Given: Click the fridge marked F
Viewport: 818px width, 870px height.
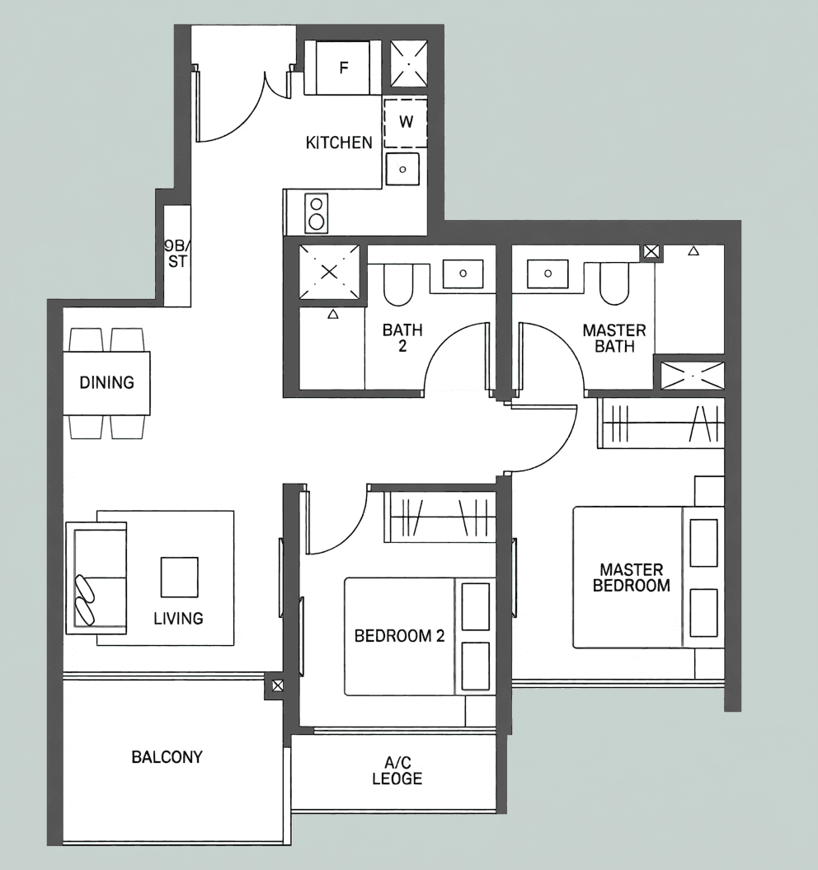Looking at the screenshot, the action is click(343, 67).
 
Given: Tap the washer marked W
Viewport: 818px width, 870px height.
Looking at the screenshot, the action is click(406, 123).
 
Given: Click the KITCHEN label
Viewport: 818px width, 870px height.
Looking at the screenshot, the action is click(339, 143).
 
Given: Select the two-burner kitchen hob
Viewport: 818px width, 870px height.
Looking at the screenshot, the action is click(317, 213).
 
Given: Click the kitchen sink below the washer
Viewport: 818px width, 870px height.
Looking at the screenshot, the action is click(402, 169).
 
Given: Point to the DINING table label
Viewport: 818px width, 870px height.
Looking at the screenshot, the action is click(106, 382).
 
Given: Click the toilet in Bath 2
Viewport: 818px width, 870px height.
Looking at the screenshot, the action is click(397, 284).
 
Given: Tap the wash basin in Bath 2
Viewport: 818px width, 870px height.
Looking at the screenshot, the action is click(463, 273).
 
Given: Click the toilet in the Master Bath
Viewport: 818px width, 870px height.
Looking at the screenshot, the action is click(614, 283).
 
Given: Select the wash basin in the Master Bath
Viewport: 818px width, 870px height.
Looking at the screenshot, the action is click(548, 274).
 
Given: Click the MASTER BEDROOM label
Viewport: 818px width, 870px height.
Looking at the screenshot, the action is click(632, 578).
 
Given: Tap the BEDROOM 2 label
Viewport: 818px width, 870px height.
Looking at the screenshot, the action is click(399, 636).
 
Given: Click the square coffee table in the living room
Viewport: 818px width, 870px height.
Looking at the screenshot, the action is click(180, 577).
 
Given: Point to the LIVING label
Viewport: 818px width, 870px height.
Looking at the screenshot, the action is click(178, 618).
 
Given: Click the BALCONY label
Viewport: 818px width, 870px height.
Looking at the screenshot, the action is click(167, 757).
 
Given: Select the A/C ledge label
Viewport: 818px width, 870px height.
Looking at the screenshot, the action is click(397, 770).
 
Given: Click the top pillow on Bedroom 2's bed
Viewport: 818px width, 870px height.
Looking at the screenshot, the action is click(476, 606).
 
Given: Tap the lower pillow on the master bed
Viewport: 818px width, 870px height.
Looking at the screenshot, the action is click(703, 613).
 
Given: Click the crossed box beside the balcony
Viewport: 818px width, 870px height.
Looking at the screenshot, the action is click(277, 685).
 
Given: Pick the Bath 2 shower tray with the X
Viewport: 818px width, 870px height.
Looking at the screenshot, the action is click(329, 272).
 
